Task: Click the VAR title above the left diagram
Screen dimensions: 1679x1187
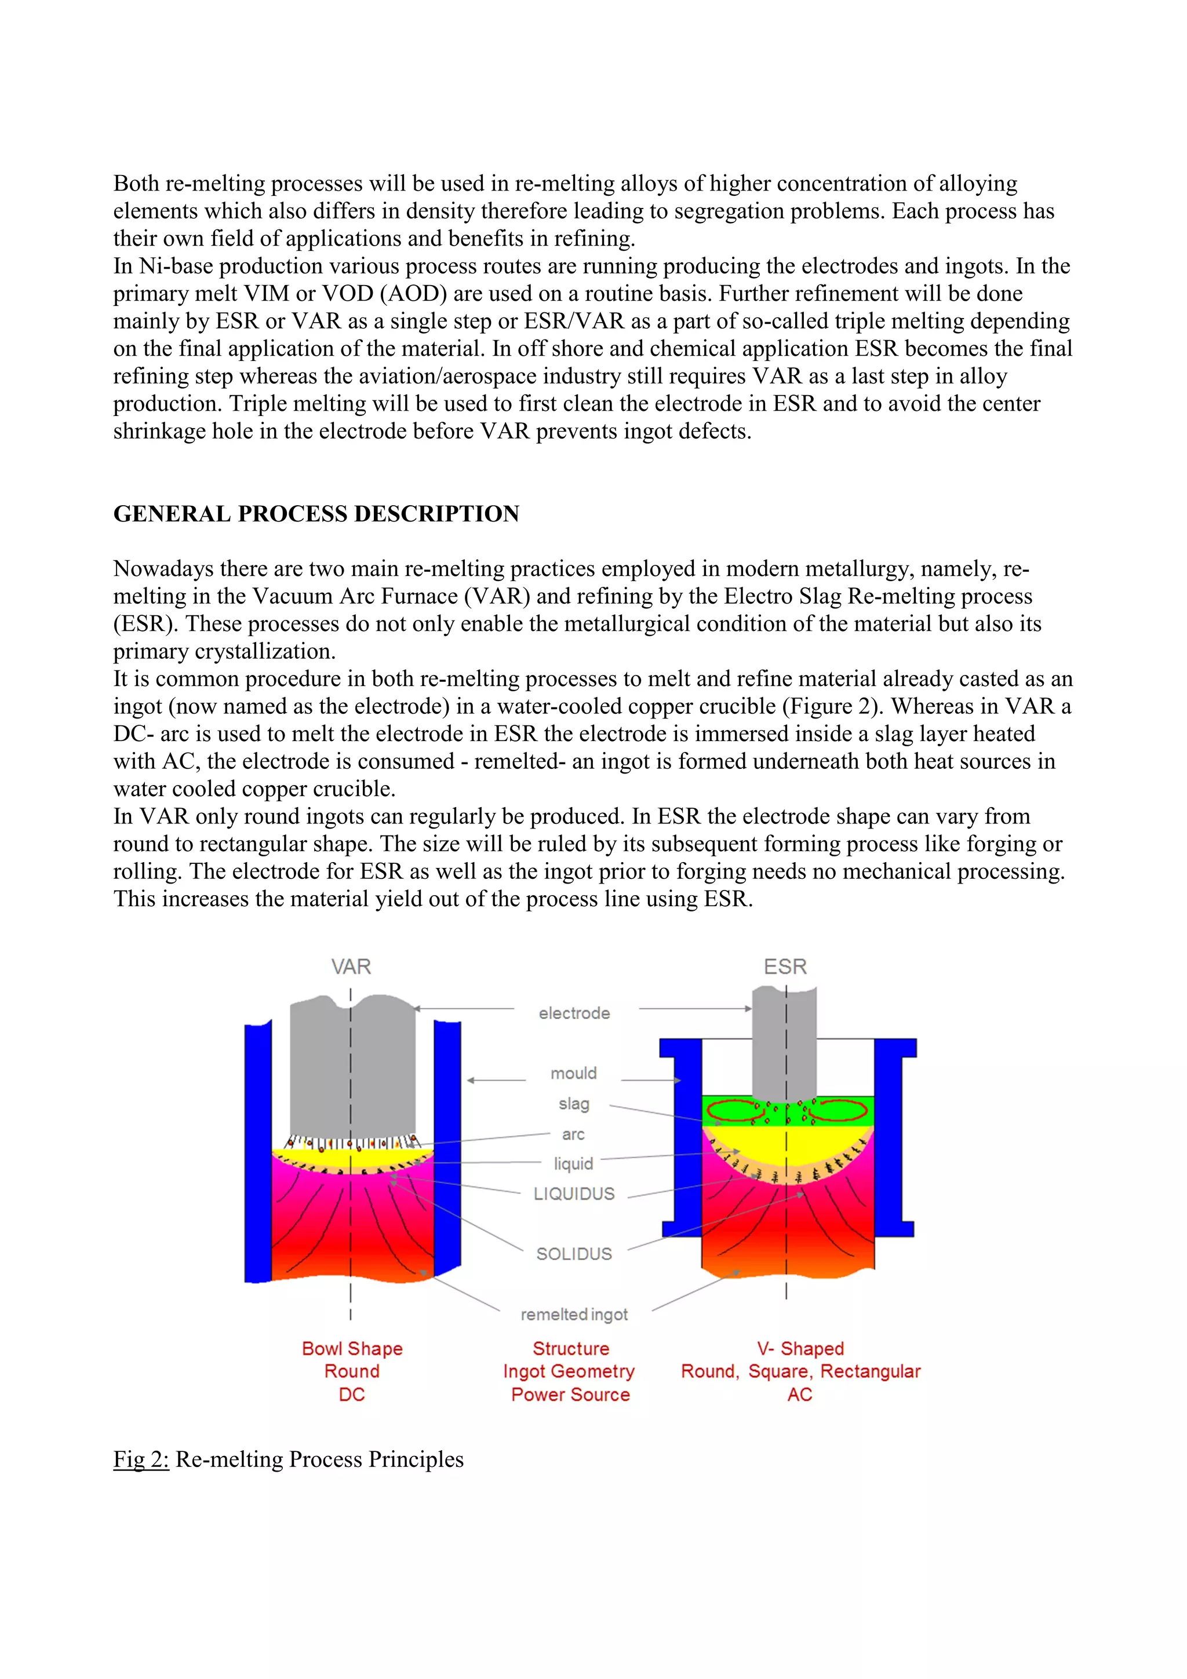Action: (351, 967)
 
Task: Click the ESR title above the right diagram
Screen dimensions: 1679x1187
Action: (785, 967)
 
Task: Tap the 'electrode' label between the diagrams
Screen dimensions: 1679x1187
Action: (574, 1013)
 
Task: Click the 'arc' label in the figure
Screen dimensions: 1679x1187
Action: (573, 1134)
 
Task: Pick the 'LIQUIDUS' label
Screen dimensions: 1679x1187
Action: (574, 1194)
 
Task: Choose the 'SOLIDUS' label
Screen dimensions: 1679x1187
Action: (574, 1254)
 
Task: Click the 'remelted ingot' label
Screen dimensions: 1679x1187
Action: (574, 1315)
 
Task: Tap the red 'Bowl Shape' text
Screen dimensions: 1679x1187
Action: (352, 1348)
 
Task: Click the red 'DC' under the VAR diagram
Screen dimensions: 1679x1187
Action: (352, 1395)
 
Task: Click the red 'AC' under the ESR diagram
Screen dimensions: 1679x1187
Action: (799, 1395)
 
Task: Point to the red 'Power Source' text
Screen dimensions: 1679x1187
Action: (570, 1395)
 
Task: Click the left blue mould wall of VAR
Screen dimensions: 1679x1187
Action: (257, 1155)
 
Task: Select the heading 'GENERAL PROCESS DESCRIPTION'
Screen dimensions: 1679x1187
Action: (316, 514)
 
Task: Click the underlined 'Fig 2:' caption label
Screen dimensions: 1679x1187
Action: (141, 1459)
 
